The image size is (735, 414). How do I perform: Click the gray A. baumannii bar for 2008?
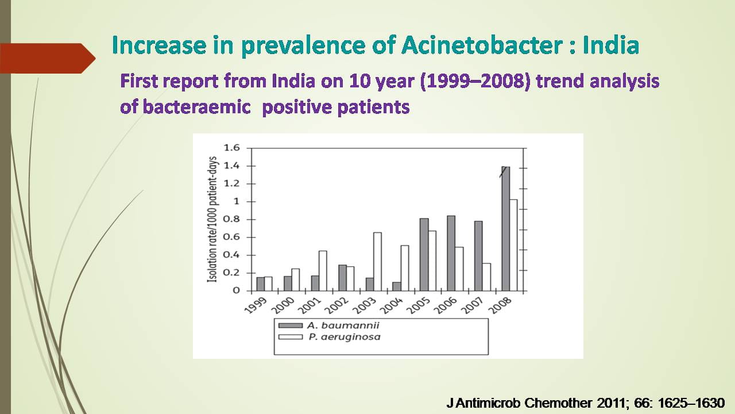pyautogui.click(x=506, y=229)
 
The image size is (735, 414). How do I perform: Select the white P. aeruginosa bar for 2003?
pyautogui.click(x=377, y=262)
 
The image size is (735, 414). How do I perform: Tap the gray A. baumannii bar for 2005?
pyautogui.click(x=424, y=255)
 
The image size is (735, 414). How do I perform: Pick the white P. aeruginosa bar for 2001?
pyautogui.click(x=323, y=271)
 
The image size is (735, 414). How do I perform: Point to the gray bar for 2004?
pyautogui.click(x=397, y=286)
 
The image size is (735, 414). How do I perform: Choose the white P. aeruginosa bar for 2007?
pyautogui.click(x=486, y=277)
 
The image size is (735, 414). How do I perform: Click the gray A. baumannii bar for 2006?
pyautogui.click(x=451, y=254)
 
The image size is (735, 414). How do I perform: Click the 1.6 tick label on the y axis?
pyautogui.click(x=231, y=148)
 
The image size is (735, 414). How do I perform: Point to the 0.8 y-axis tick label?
pyautogui.click(x=231, y=219)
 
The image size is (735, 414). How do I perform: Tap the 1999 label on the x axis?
pyautogui.click(x=256, y=305)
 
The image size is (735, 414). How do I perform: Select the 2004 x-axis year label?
pyautogui.click(x=393, y=305)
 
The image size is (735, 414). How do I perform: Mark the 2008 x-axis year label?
pyautogui.click(x=500, y=305)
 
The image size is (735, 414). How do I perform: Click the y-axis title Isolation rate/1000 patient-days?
pyautogui.click(x=212, y=219)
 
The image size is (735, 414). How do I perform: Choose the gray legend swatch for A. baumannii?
pyautogui.click(x=291, y=325)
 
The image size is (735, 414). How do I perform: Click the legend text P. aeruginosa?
pyautogui.click(x=345, y=337)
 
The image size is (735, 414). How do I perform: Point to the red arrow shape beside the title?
pyautogui.click(x=48, y=59)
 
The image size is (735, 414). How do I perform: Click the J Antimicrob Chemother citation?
pyautogui.click(x=586, y=403)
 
